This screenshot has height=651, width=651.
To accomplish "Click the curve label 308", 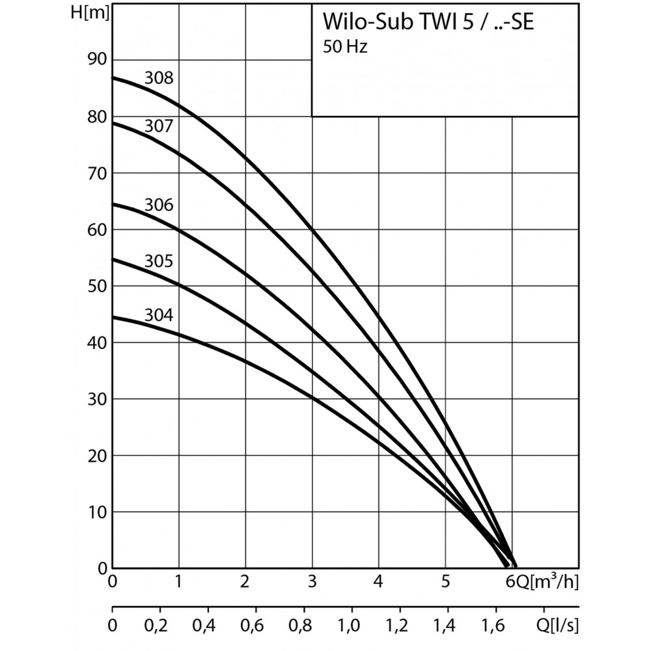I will click(159, 79).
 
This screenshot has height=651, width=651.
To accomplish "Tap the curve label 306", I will click(159, 205).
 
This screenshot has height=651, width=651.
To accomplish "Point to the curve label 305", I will click(159, 262).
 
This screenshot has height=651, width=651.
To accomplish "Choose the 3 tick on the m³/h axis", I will click(312, 581).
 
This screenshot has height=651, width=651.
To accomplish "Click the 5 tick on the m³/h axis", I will click(446, 581).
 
